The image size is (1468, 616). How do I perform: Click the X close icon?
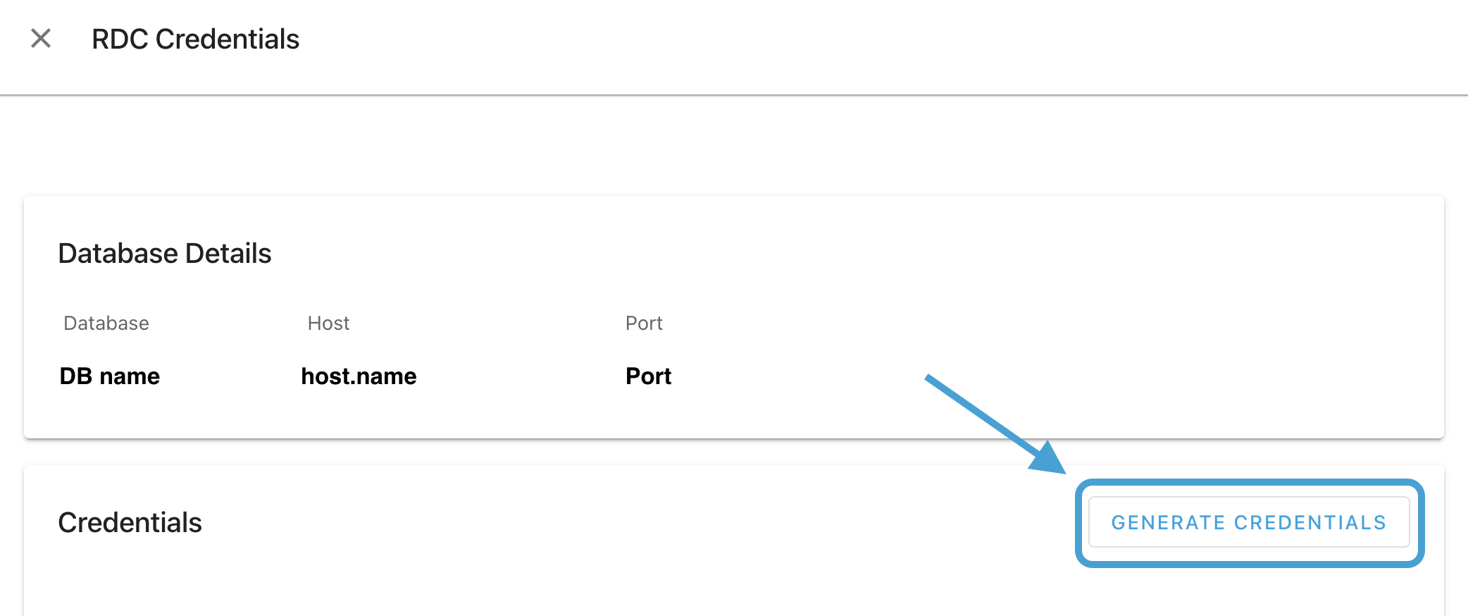[41, 38]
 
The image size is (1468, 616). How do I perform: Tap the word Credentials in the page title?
[228, 39]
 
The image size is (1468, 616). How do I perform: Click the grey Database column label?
[106, 323]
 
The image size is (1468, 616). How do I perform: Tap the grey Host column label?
[328, 323]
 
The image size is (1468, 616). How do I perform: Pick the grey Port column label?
[644, 323]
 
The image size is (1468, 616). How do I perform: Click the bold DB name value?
[110, 376]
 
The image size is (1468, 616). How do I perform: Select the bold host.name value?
[359, 376]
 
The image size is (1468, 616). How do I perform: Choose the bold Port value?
[648, 376]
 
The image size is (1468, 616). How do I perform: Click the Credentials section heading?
[130, 523]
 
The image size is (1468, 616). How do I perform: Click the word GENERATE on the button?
[1169, 523]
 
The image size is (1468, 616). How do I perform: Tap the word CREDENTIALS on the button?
[1310, 523]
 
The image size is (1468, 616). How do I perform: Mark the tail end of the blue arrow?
[927, 377]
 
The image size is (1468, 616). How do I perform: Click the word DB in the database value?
[76, 376]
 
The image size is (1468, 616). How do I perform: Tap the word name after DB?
[130, 376]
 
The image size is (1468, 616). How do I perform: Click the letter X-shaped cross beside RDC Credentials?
[41, 38]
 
